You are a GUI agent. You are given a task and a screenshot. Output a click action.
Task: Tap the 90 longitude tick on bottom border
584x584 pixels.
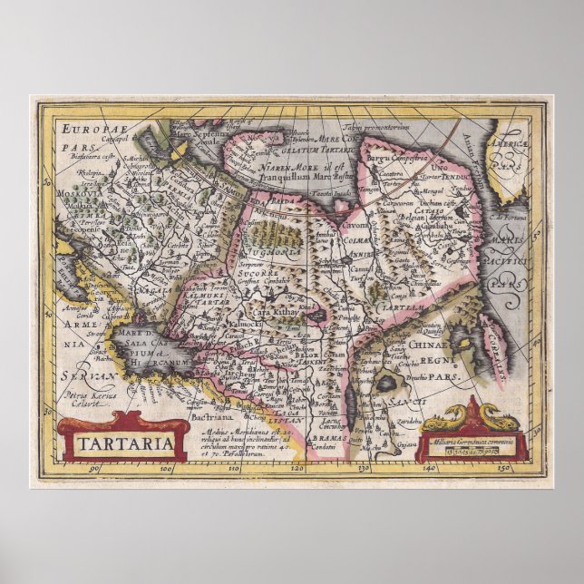93,469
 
